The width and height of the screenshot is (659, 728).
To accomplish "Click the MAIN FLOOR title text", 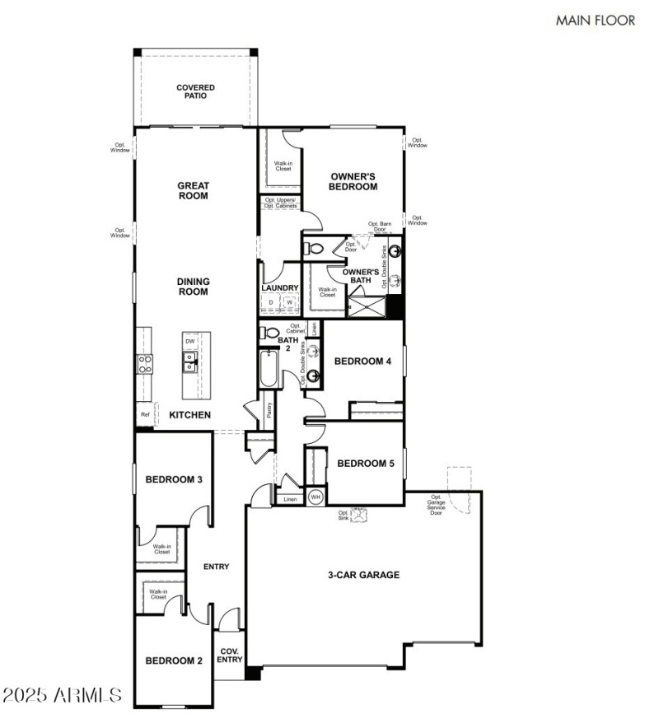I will [x=596, y=20].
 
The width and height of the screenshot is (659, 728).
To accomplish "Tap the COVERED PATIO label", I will [x=195, y=91].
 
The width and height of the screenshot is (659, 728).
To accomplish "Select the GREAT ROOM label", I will [x=193, y=191].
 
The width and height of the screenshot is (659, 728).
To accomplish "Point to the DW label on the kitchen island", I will [x=189, y=341].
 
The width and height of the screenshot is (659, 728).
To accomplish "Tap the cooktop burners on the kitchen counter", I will [x=145, y=363].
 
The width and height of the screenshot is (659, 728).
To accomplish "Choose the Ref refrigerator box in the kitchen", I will [x=145, y=415].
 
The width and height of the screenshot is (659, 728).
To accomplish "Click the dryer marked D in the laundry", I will [x=271, y=303].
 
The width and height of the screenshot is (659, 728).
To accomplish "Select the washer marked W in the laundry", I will [x=289, y=303].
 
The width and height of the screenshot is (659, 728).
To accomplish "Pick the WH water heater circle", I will [x=315, y=497].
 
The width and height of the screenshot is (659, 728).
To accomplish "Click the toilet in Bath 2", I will [x=270, y=334].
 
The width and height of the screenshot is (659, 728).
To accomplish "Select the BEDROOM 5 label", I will [x=366, y=464].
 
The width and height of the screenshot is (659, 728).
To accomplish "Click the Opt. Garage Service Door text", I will [x=437, y=503].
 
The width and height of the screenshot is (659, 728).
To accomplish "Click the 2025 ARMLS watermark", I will [x=63, y=697].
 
